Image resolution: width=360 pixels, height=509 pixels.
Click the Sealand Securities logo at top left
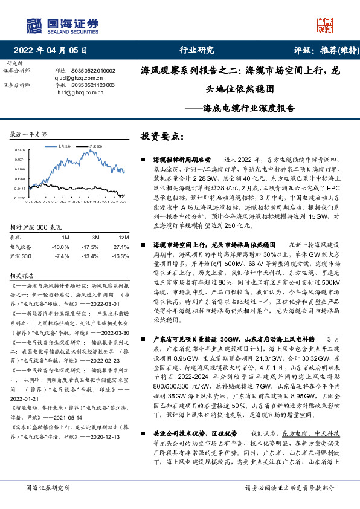click(x=61, y=24)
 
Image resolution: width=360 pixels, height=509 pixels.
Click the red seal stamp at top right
click(x=324, y=24)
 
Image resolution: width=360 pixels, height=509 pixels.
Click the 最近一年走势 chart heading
click(x=28, y=134)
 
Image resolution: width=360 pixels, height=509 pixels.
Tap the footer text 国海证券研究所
click(x=48, y=488)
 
